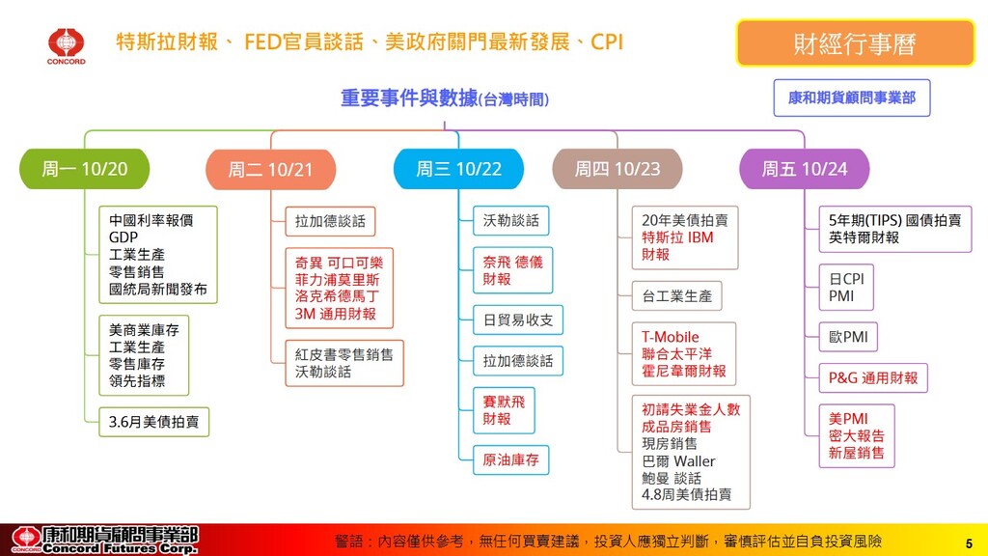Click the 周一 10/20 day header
click(x=85, y=169)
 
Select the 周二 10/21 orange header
click(x=270, y=170)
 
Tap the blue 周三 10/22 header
click(x=458, y=169)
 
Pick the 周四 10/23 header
click(x=617, y=169)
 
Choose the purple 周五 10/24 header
click(x=804, y=169)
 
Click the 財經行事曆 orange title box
click(x=855, y=43)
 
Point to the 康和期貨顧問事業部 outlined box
click(x=852, y=97)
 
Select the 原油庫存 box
click(x=511, y=460)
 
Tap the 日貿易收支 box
click(x=517, y=320)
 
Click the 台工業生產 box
click(x=676, y=295)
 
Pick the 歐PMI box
click(x=848, y=337)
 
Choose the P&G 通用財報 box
click(x=872, y=377)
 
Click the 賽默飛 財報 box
click(x=503, y=410)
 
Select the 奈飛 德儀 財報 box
click(x=512, y=270)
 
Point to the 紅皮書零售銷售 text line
click(x=344, y=354)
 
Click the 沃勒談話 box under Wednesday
click(x=510, y=221)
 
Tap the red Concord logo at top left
click(x=67, y=44)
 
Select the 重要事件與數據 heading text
click(x=409, y=97)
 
